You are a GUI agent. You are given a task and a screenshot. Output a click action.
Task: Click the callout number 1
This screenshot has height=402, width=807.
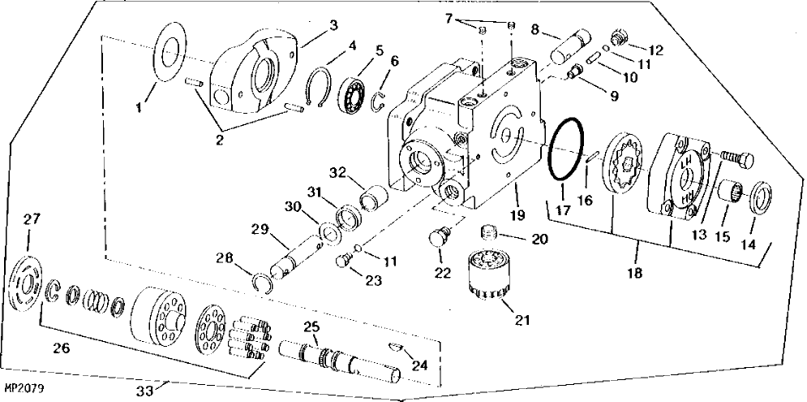point(139,108)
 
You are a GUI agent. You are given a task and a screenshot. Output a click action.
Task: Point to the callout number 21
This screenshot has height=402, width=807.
point(522,320)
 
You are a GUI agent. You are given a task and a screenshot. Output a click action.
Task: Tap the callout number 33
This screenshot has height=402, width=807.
point(146,391)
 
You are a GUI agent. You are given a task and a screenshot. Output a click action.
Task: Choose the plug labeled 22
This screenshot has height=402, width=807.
point(440,238)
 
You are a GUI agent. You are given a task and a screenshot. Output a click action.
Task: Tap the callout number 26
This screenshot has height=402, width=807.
point(61,349)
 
